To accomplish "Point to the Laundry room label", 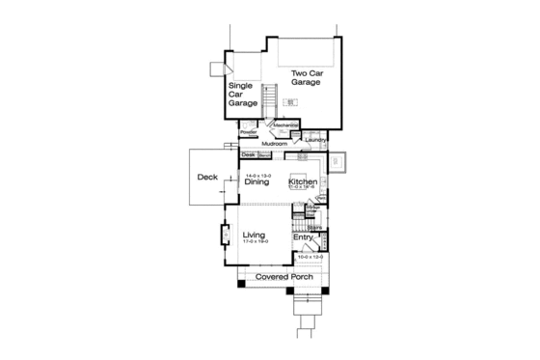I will (315, 139).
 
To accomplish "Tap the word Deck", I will (207, 178).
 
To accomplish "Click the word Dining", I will (256, 181).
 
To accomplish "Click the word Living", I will (254, 235).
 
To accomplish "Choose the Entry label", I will (303, 236).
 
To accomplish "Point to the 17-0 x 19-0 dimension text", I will (255, 242).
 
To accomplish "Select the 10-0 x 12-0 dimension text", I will (310, 258).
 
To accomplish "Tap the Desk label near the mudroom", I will (248, 154).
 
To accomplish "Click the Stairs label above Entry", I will (313, 229).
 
